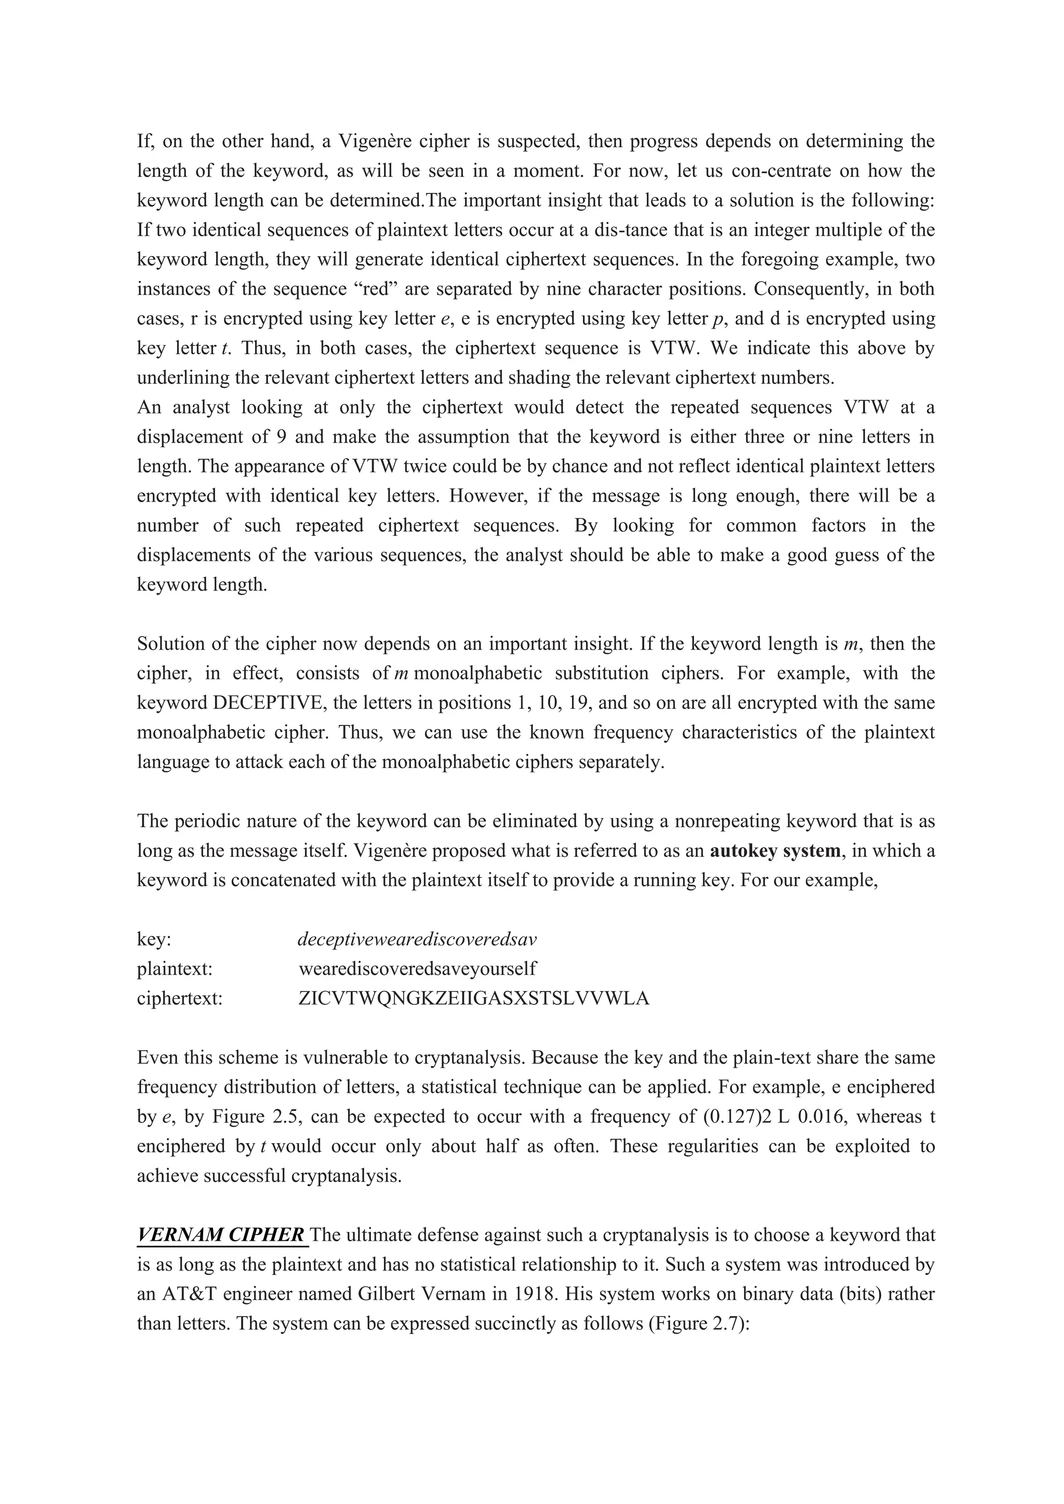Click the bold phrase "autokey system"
click(x=775, y=851)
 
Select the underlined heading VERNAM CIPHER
click(x=221, y=1236)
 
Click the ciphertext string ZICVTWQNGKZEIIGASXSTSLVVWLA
click(x=473, y=998)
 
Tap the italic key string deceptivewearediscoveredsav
click(x=417, y=939)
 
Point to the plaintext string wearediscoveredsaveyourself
click(x=417, y=969)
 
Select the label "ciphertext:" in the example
click(x=180, y=998)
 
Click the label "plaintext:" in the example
click(x=174, y=969)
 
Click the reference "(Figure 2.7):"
click(x=698, y=1324)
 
